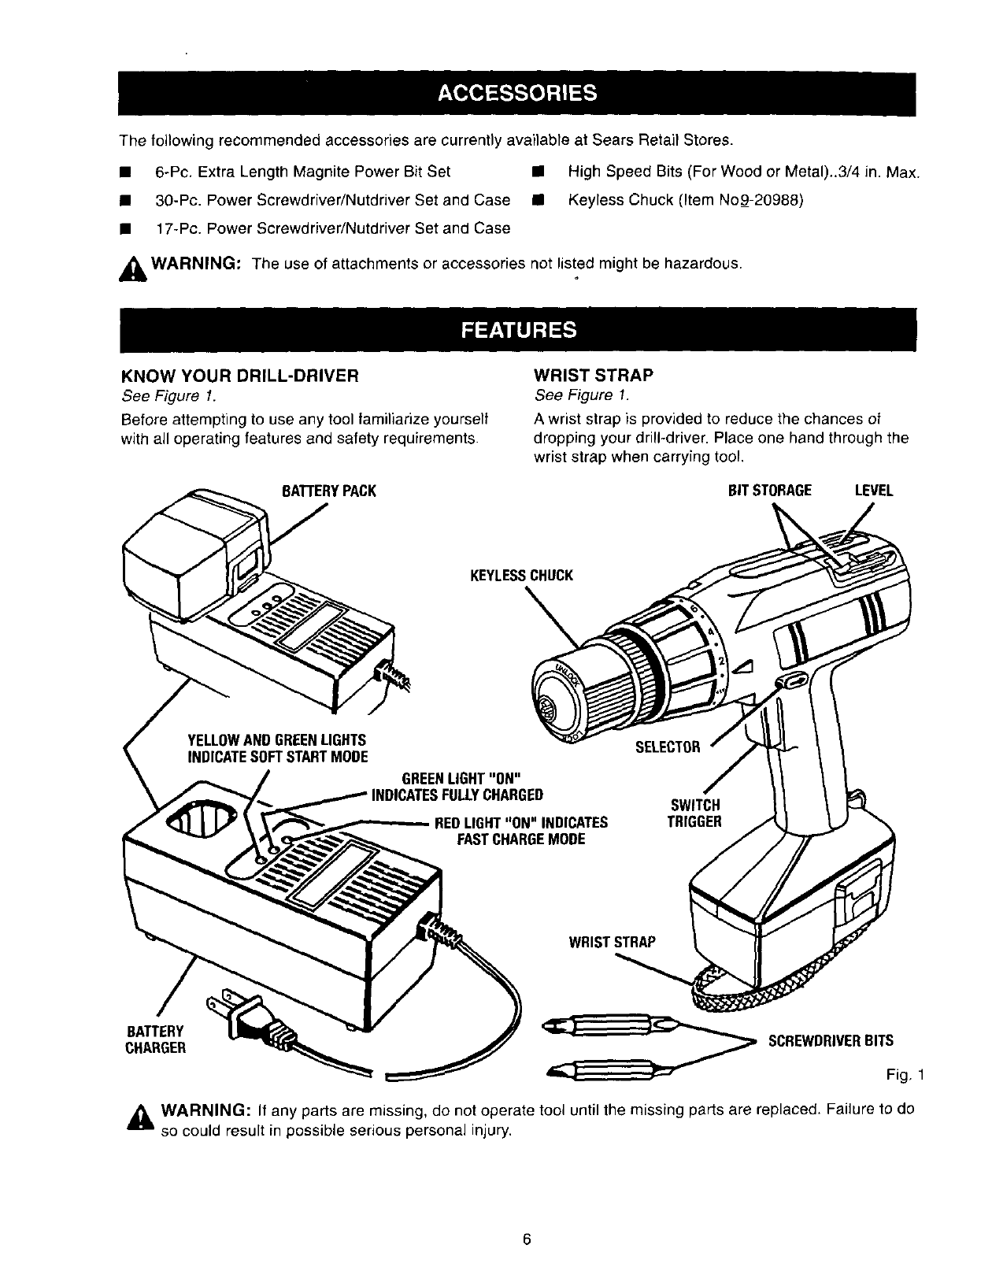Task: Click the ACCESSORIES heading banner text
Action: (517, 93)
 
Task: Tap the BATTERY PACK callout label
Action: (329, 491)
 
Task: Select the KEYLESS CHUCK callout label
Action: (521, 576)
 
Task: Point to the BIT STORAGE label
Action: (770, 491)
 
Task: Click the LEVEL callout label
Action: (874, 491)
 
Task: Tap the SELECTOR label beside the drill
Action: (668, 747)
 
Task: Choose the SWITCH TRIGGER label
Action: (694, 813)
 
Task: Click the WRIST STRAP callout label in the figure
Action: (612, 943)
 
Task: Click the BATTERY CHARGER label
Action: (155, 1039)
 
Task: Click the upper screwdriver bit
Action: (607, 1027)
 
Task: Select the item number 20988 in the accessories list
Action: (778, 200)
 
